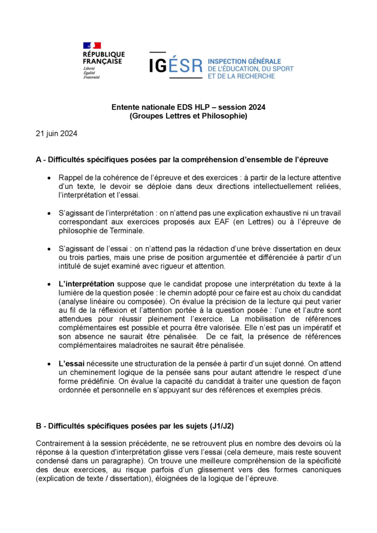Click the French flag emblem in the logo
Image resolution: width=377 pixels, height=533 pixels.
(92, 46)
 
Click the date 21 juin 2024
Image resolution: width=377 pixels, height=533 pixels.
(56, 134)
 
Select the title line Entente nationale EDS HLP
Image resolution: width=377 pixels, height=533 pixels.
(188, 107)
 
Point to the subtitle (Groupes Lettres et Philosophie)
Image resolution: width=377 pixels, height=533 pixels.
(188, 116)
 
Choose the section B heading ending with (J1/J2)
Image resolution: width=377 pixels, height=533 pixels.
(135, 426)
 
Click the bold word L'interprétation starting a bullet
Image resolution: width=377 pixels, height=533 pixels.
(86, 284)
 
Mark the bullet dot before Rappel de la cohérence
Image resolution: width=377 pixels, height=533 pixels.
(48, 178)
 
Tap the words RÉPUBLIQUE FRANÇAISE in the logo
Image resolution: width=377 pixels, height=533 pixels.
(103, 58)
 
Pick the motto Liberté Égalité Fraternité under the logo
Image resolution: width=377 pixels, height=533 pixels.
(92, 73)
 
